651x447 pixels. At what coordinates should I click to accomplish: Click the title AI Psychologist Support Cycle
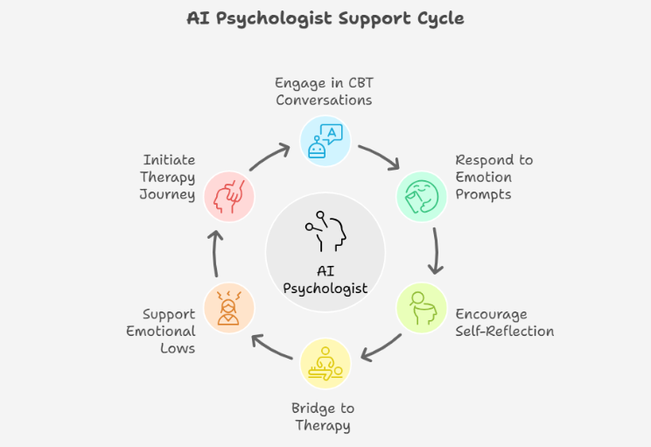pos(325,17)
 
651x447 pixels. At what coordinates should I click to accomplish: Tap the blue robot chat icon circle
pos(325,140)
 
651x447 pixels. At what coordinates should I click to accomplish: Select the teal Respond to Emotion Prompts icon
pos(422,195)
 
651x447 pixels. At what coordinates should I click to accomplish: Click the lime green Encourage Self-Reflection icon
pos(422,308)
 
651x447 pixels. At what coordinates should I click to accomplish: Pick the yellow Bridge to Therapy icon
pos(325,363)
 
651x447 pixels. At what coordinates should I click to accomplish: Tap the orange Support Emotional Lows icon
pos(228,308)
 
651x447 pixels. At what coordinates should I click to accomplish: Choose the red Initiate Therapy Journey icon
pos(228,195)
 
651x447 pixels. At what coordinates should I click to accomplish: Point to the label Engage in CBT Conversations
pos(324,92)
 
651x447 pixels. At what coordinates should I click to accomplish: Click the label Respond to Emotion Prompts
pos(493,178)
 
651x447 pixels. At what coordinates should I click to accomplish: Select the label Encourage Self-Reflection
pos(504,323)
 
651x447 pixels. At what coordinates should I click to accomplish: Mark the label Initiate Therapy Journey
pos(167,178)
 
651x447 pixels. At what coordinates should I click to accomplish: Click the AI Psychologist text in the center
pos(325,279)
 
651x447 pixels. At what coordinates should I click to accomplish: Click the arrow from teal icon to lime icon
pos(435,251)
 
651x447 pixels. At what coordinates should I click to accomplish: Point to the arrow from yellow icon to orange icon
pos(272,347)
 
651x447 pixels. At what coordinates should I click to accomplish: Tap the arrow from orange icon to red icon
pos(216,252)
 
